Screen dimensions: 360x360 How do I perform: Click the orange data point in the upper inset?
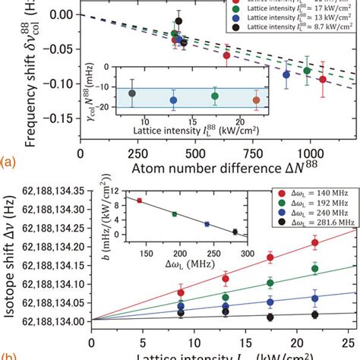pos(256,99)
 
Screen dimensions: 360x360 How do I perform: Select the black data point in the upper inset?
pos(132,93)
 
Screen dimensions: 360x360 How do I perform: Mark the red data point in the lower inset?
pos(139,201)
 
